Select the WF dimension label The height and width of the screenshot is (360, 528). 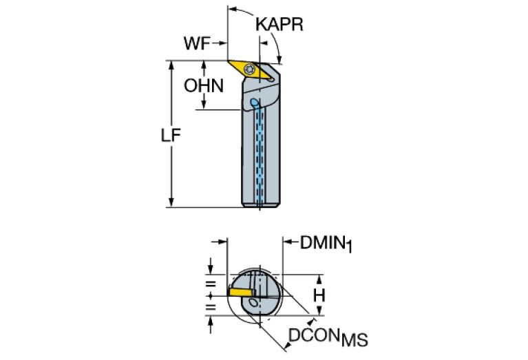[199, 43]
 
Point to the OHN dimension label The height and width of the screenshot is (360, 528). [203, 87]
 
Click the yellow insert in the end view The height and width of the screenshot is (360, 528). [241, 292]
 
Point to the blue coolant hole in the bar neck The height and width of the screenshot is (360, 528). [255, 103]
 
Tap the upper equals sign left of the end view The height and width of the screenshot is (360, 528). [210, 284]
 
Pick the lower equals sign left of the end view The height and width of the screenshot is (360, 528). [210, 307]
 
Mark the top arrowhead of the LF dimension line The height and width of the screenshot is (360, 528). [171, 63]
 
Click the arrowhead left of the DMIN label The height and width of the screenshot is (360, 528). [288, 242]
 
